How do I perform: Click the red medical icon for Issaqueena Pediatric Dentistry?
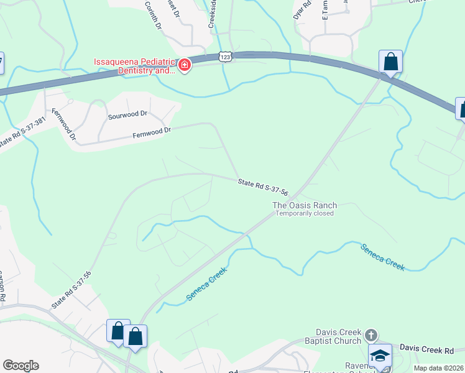tap(184, 65)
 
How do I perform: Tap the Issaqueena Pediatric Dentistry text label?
tap(134, 66)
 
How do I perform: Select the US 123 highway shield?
tap(226, 57)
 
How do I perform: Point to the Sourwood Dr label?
tap(127, 114)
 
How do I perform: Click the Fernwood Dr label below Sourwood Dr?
tap(152, 132)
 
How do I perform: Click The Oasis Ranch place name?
tap(305, 205)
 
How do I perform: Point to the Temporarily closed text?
tap(305, 213)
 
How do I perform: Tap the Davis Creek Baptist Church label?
tap(338, 336)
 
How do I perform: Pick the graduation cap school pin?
tap(380, 356)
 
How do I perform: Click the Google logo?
tap(21, 366)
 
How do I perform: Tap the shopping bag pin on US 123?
tap(390, 62)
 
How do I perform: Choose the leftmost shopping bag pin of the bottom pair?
tap(117, 331)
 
